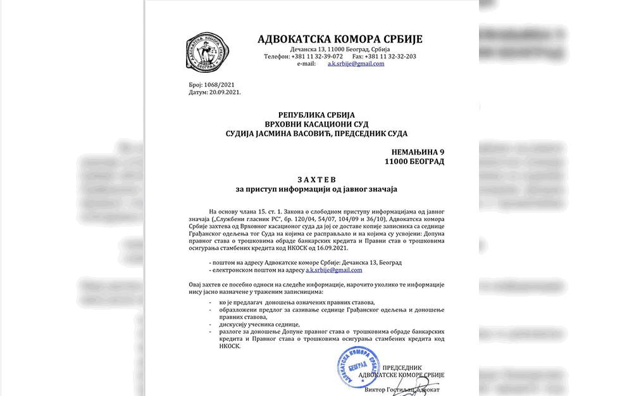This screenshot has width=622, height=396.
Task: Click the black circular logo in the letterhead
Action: click(208, 52)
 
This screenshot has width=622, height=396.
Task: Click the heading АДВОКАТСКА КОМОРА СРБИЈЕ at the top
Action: click(340, 39)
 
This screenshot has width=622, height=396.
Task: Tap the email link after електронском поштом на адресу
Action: click(334, 270)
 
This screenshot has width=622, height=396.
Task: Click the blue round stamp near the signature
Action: click(358, 367)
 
